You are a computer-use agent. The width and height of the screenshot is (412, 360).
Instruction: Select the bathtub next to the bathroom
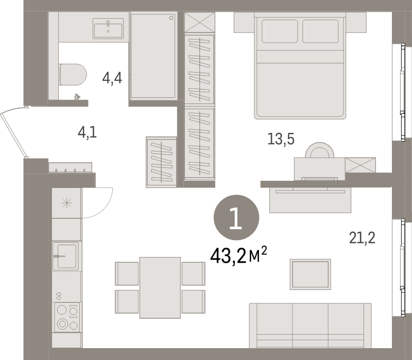pos(154,56)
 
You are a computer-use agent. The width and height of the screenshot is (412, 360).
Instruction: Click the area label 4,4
pos(112,79)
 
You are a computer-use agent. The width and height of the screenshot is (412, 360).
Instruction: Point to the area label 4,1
pos(87,133)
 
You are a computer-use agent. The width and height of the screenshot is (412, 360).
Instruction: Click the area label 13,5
pos(281,139)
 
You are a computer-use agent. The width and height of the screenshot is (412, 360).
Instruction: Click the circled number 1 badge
pos(236,219)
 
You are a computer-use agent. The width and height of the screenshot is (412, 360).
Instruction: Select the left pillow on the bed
pos(280,31)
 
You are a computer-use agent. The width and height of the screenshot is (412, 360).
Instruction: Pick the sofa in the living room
pos(310,325)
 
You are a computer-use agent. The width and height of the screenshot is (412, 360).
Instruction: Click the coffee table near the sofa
pos(310,275)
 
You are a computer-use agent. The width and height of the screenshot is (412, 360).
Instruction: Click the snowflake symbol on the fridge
pos(67,202)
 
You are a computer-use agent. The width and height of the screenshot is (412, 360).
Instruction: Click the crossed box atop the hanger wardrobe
pos(199,23)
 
